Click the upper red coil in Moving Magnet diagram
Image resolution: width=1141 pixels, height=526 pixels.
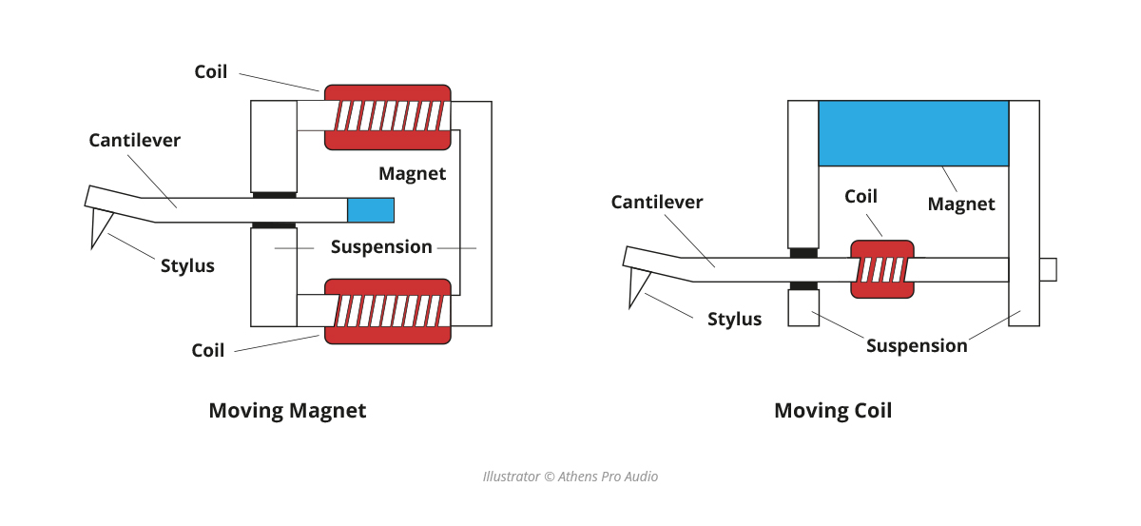[x=387, y=116]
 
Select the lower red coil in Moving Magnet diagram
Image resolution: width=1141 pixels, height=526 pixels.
[x=387, y=310]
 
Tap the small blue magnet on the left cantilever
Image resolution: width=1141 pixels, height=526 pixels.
[x=370, y=210]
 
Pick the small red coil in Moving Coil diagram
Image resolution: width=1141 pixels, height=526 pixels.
[x=881, y=269]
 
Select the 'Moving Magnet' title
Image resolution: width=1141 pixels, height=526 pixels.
[x=287, y=411]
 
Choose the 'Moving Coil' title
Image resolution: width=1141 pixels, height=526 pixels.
[x=833, y=411]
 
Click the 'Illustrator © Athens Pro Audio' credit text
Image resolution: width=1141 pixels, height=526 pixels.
[x=570, y=476]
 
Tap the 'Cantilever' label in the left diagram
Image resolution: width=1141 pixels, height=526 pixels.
[x=134, y=140]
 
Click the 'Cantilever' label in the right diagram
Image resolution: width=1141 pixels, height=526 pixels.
[x=656, y=202]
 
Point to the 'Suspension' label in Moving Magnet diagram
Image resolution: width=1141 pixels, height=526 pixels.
[x=381, y=247]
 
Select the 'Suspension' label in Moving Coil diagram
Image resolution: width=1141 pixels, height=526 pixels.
[x=916, y=345]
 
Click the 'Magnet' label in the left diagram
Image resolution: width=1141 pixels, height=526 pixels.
[x=412, y=174]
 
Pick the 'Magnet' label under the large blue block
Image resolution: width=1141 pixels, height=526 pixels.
[x=960, y=204]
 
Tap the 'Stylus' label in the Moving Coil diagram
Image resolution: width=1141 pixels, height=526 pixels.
[x=734, y=319]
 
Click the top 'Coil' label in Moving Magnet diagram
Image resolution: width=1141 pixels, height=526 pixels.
[x=210, y=72]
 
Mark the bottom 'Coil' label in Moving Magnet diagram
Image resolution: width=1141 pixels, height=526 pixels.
[x=207, y=350]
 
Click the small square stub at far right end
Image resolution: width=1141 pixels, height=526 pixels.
[x=1048, y=269]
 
